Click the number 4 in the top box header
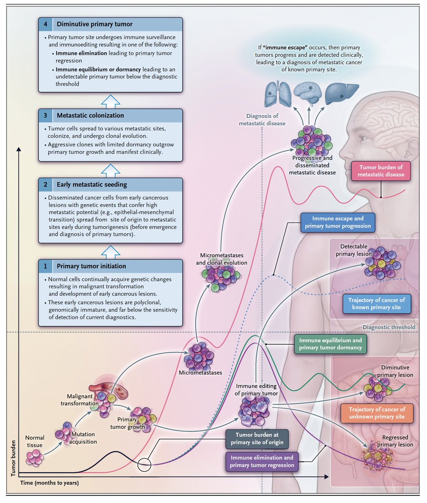[46, 24]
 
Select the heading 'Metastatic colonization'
[90, 115]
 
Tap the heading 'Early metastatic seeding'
[92, 184]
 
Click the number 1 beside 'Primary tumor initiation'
[46, 266]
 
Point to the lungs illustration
[277, 94]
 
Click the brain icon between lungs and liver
[308, 93]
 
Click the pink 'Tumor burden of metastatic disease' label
[381, 171]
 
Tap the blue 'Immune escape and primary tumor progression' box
[338, 223]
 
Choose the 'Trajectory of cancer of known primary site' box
[377, 304]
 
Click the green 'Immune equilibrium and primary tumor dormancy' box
[330, 344]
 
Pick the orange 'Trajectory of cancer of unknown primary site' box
[377, 413]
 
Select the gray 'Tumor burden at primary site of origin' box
[257, 439]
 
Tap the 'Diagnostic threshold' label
[389, 327]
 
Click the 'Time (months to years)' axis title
[49, 483]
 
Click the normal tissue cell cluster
[34, 458]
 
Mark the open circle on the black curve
[144, 465]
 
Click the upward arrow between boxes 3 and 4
[111, 101]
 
